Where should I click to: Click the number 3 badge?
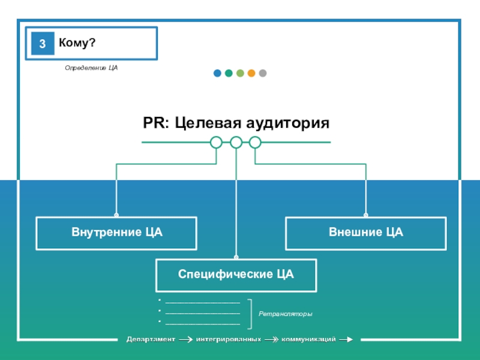tap(43, 44)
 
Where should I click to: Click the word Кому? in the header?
tap(77, 43)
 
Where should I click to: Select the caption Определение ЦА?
tap(91, 68)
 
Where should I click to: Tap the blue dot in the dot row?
tap(217, 73)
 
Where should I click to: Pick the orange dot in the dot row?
tap(251, 73)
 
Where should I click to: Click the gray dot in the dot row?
tap(263, 73)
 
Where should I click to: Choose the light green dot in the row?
tap(240, 73)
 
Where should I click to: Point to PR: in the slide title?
tap(156, 124)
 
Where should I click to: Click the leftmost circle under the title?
tap(217, 142)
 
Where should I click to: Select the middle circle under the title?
tap(236, 142)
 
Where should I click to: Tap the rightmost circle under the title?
tap(255, 142)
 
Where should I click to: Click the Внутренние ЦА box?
tap(116, 233)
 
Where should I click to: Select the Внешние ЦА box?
tap(365, 233)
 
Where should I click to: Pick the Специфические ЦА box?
tap(236, 275)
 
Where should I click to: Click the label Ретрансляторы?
tap(286, 314)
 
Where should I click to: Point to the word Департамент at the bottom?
tap(150, 340)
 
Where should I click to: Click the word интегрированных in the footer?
tap(228, 340)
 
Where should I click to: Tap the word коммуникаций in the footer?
tap(308, 340)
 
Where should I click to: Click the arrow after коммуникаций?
tap(346, 340)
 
